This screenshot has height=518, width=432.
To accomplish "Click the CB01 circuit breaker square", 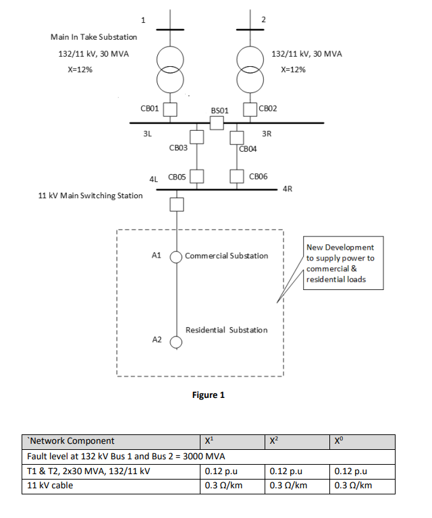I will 171,108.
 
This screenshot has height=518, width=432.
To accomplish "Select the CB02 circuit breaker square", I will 250,108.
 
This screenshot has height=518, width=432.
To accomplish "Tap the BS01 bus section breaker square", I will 216,123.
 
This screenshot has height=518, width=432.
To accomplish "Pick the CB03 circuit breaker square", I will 196,138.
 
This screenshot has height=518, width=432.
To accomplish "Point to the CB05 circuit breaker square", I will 196,177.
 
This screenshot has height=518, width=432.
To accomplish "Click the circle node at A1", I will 176,256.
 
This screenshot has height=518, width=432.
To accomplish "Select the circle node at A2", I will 176,341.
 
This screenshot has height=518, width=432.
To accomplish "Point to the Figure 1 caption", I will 209,395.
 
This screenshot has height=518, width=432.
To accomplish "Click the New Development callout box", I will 344,263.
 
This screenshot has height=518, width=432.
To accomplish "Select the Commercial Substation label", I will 226,256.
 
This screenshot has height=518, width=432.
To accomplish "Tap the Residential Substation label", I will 226,330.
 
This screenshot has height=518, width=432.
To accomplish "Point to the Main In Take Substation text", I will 94,36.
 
